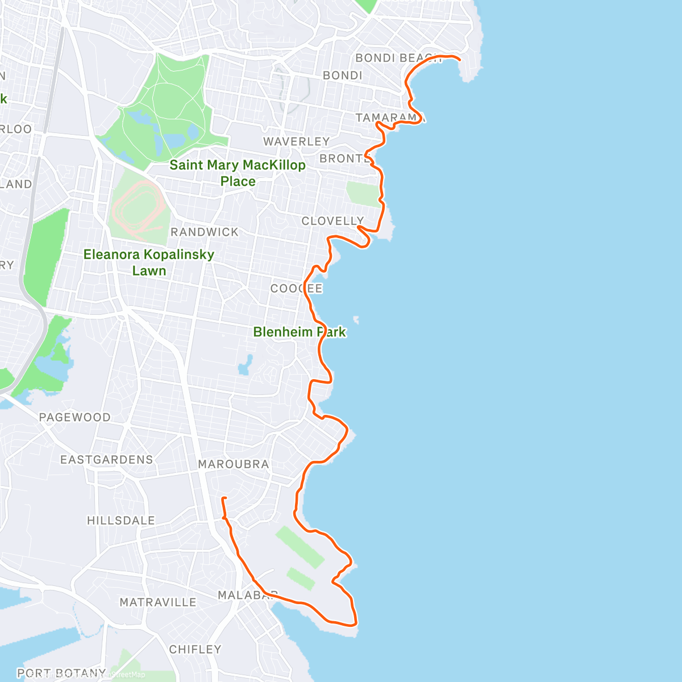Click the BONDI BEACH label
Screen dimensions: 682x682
click(398, 58)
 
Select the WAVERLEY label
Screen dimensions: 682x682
click(296, 141)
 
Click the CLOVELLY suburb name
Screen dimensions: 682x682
click(332, 221)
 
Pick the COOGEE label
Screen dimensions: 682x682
click(296, 288)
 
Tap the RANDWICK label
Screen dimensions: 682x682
click(205, 232)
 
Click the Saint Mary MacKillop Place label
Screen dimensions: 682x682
click(238, 173)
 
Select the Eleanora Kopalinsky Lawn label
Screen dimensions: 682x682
click(149, 263)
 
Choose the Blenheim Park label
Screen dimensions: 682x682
click(300, 332)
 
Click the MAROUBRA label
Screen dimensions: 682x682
click(233, 464)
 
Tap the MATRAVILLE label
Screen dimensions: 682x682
click(157, 602)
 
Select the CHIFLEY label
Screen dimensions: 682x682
click(195, 649)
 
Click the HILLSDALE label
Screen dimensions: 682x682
click(120, 521)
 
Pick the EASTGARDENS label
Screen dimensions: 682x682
click(107, 459)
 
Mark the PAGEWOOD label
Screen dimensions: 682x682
click(74, 417)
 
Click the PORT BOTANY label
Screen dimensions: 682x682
click(61, 673)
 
